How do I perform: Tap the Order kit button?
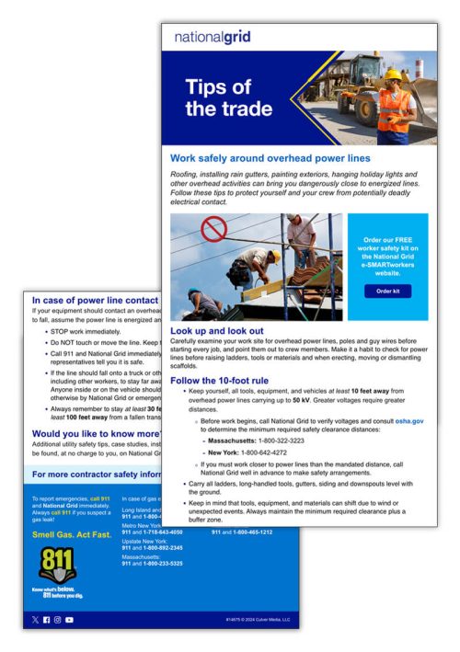point(387,291)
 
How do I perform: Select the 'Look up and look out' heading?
point(217,330)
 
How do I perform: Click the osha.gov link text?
point(410,419)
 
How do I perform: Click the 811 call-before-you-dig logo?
point(52,568)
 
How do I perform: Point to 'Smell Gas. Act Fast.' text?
point(67,533)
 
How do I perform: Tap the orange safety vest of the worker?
point(394,103)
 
